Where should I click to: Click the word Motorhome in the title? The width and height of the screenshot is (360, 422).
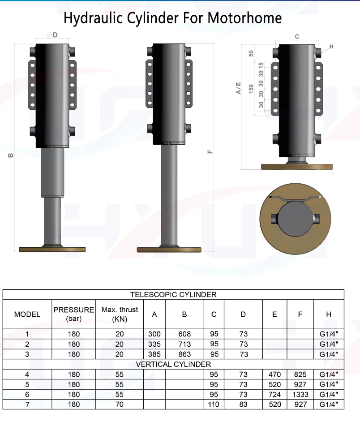click(x=244, y=18)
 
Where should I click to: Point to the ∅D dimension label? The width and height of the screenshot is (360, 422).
click(x=52, y=35)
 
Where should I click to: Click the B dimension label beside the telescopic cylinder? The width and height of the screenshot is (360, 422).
click(x=10, y=155)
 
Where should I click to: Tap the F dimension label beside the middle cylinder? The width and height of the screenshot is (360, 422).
click(x=210, y=152)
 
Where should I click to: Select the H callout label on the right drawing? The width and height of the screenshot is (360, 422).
click(x=331, y=47)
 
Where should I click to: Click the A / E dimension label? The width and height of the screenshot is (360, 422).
click(x=238, y=88)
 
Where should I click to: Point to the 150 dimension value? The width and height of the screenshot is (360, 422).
click(x=251, y=89)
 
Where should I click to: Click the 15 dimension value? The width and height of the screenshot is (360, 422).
click(x=261, y=65)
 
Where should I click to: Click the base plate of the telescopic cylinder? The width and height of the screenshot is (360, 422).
click(x=52, y=250)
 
